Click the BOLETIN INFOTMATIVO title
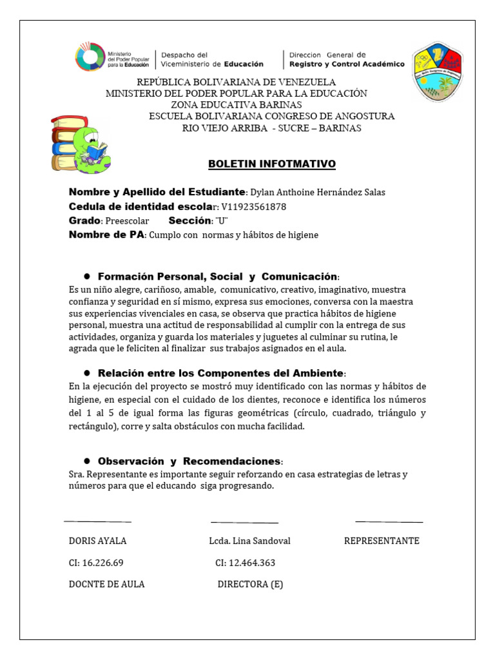pos(272,164)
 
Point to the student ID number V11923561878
pos(253,207)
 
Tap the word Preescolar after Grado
pos(127,221)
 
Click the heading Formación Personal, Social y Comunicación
pos(217,276)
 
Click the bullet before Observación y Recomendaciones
pos(86,461)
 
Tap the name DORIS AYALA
pos(98,541)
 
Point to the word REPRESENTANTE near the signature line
pos(382,541)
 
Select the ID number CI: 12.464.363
pos(245,563)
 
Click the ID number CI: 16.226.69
pos(96,563)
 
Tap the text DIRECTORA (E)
pos(250,585)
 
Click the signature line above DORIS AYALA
pos(98,521)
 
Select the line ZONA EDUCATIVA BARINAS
pos(236,104)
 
